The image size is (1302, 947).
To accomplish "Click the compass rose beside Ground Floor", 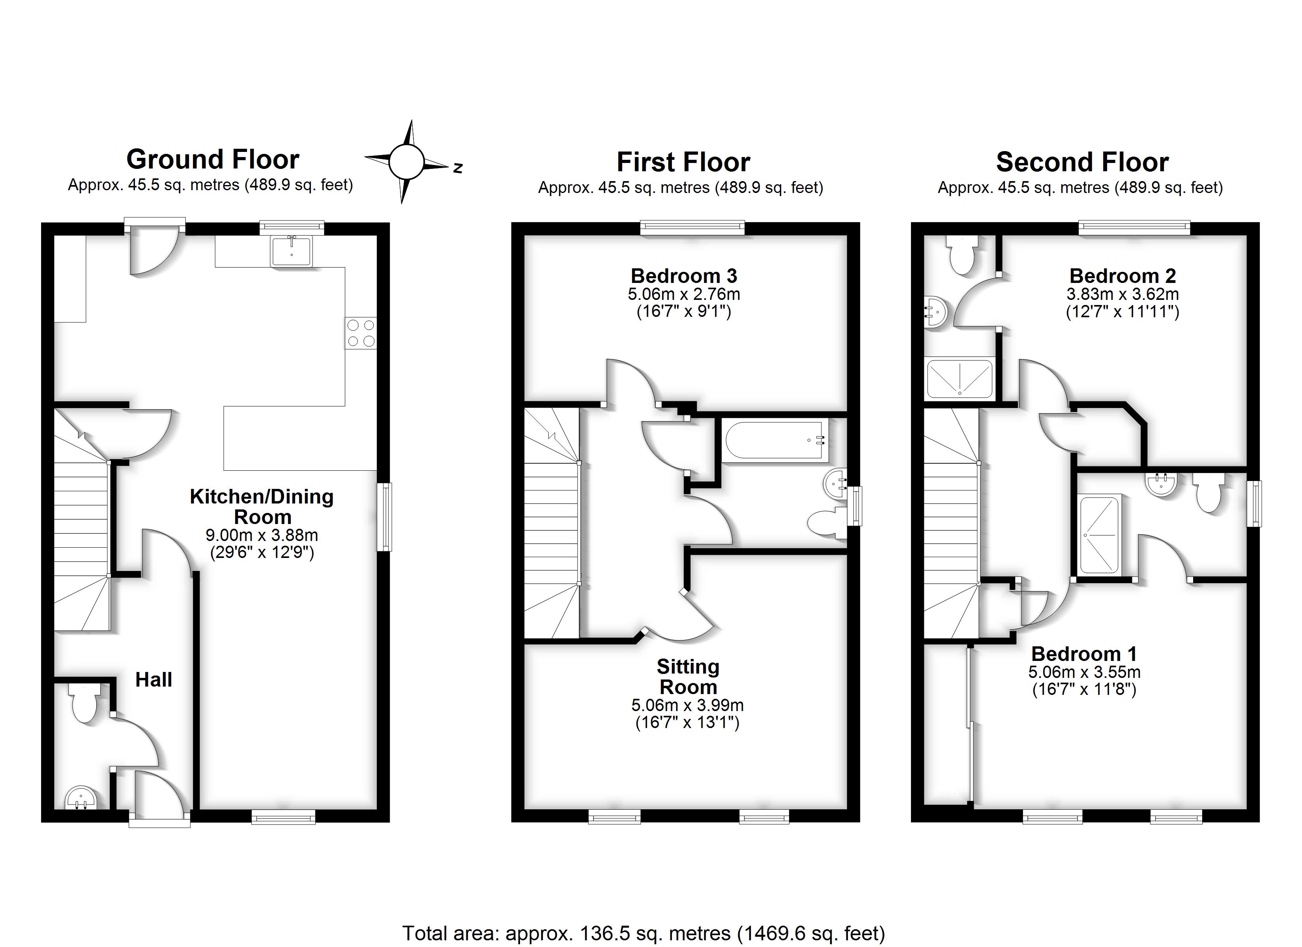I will tap(406, 162).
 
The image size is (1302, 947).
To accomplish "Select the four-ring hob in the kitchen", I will tap(361, 333).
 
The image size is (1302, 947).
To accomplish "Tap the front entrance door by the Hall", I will tap(159, 795).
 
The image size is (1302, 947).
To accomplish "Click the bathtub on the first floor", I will tap(775, 440).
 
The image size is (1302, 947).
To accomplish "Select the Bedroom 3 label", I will tap(684, 276).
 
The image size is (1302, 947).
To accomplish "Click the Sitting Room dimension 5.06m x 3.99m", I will tap(687, 705).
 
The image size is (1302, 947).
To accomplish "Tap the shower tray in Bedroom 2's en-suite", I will tap(960, 379).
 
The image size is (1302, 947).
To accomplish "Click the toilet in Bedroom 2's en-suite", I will tap(962, 256).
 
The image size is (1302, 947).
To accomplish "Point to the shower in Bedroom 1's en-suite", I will tap(1099, 535).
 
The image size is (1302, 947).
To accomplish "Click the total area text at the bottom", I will tap(643, 933).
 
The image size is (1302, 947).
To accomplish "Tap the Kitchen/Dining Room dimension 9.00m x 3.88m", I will tap(262, 535).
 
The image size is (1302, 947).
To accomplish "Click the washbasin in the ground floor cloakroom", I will tap(80, 798).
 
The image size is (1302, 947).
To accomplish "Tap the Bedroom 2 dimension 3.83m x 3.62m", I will tap(1122, 294).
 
